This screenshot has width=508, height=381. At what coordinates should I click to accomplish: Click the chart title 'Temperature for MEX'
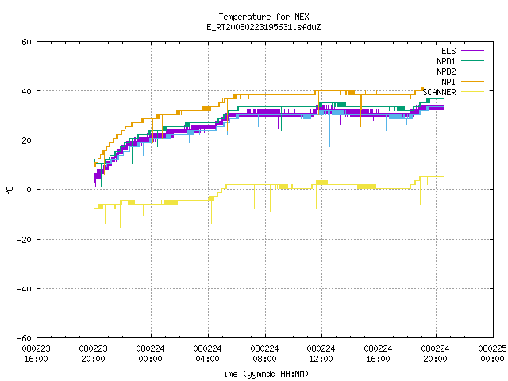[264, 17]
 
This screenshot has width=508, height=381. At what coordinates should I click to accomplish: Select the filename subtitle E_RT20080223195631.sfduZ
[264, 27]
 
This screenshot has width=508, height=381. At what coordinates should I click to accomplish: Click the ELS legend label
[448, 51]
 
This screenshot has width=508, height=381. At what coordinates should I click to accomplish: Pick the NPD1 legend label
[446, 61]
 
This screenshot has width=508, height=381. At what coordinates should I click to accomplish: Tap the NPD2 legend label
[446, 71]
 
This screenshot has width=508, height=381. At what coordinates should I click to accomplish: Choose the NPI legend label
[448, 82]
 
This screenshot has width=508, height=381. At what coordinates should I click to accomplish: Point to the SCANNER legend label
[439, 92]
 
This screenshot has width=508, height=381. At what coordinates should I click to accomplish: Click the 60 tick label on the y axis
[26, 42]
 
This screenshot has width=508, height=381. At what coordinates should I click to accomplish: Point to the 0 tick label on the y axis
[29, 190]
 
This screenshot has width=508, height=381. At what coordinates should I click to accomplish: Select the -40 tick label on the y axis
[25, 289]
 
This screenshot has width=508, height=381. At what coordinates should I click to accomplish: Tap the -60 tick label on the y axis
[25, 338]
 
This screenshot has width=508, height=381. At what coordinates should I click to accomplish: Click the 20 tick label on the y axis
[26, 140]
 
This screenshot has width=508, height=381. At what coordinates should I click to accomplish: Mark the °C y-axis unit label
[9, 190]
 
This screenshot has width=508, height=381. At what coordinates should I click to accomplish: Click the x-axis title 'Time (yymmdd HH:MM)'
[264, 374]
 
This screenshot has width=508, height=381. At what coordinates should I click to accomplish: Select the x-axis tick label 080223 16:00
[37, 354]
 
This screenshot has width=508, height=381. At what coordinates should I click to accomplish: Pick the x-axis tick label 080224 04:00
[207, 354]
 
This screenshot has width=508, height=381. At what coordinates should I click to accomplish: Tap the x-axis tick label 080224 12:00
[321, 354]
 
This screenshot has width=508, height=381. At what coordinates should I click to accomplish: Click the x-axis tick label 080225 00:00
[492, 354]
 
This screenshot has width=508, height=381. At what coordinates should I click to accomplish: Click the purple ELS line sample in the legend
[472, 51]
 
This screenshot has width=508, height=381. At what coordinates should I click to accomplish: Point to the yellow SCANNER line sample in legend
[472, 92]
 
